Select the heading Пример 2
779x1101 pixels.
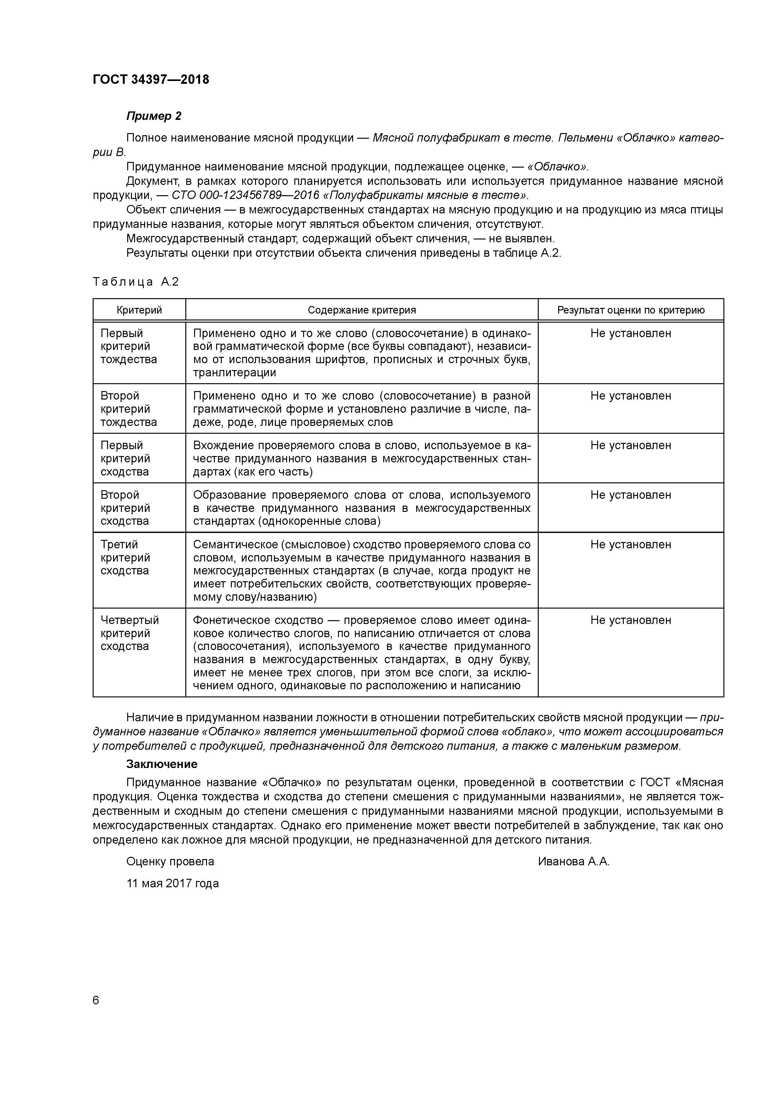(154, 116)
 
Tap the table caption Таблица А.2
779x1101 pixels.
(135, 282)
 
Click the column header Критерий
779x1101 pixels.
(139, 310)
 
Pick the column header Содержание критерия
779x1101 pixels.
(362, 310)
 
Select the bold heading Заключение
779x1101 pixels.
(162, 764)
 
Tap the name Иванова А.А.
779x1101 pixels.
(574, 862)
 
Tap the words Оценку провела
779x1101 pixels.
(170, 862)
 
